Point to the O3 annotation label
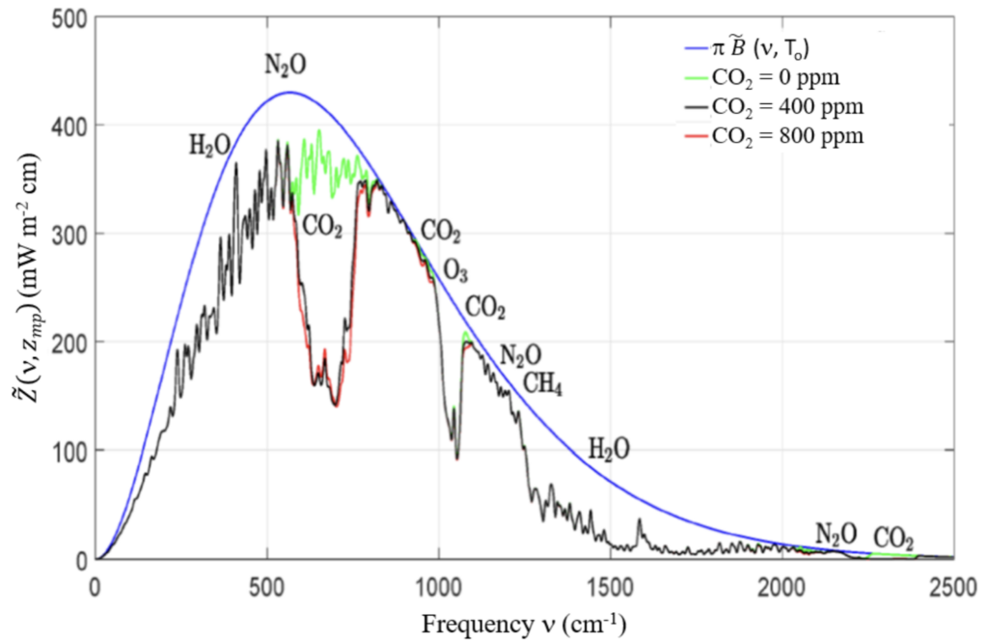coord(455,268)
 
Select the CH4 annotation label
coord(542,384)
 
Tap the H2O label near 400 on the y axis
coord(209,146)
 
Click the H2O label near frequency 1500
coord(610,448)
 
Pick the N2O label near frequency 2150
coord(835,533)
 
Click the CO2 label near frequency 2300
coord(893,537)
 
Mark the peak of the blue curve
coord(288,93)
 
